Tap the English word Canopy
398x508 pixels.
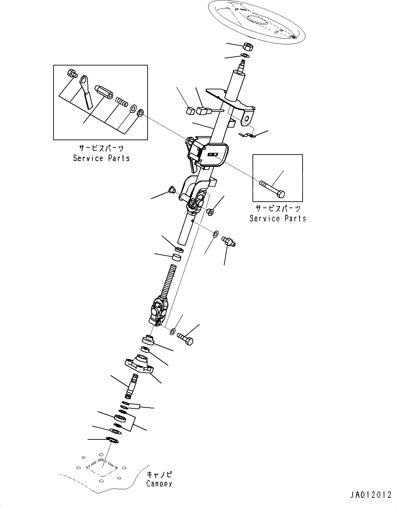pos(159,483)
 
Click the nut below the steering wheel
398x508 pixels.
pos(247,46)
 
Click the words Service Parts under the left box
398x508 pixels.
pos(102,158)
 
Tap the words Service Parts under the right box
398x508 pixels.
pos(278,218)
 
